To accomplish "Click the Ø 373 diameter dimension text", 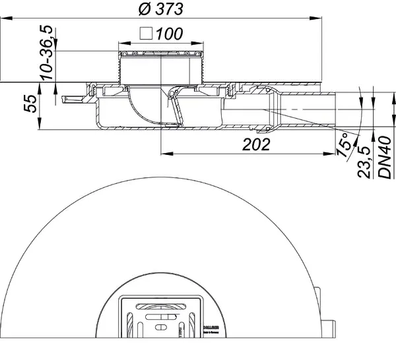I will pos(161,9).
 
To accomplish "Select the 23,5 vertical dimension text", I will pos(364,158).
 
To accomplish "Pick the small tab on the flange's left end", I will pos(64,100).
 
